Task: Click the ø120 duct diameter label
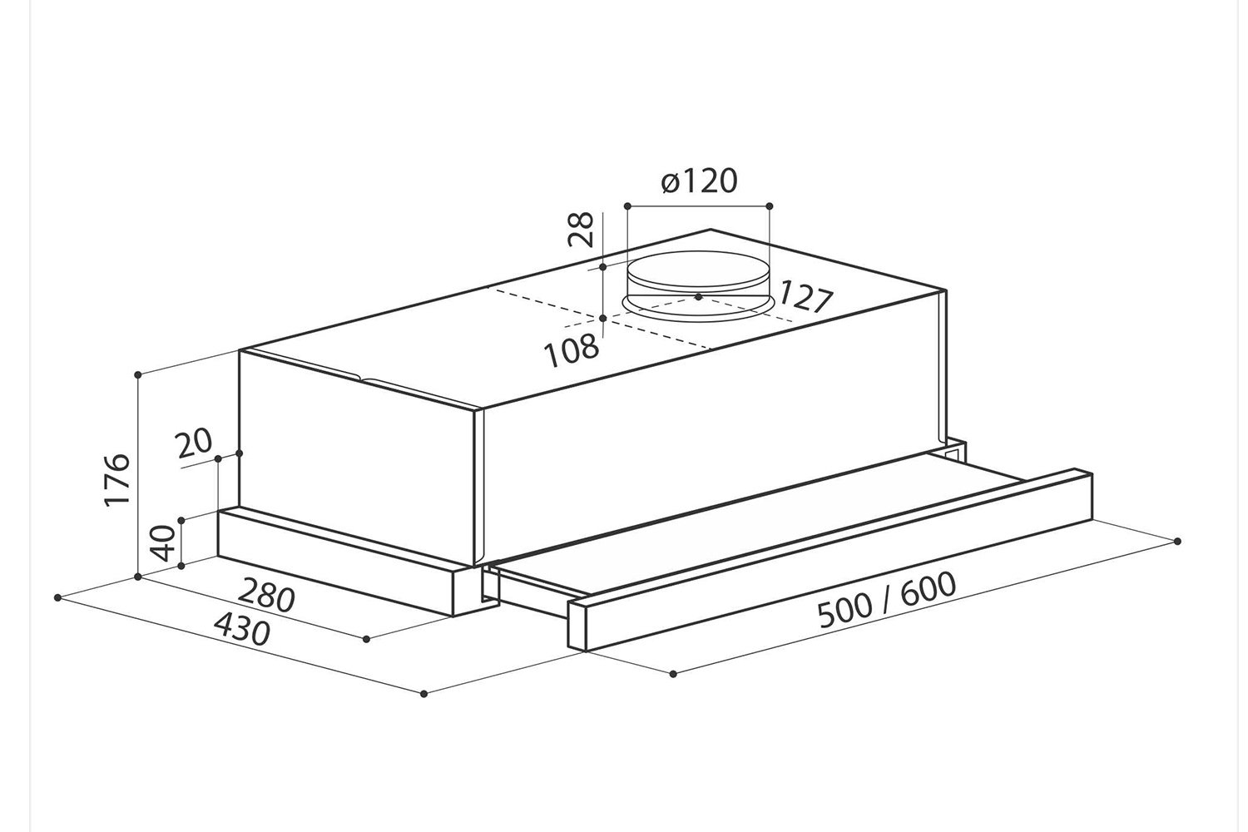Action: pyautogui.click(x=699, y=181)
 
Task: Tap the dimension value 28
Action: pyautogui.click(x=581, y=229)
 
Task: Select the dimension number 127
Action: pyautogui.click(x=805, y=298)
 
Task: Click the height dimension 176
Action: pyautogui.click(x=117, y=479)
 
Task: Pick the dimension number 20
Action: pyautogui.click(x=194, y=442)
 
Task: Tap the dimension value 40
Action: pyautogui.click(x=163, y=543)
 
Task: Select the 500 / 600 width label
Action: pyautogui.click(x=886, y=600)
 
